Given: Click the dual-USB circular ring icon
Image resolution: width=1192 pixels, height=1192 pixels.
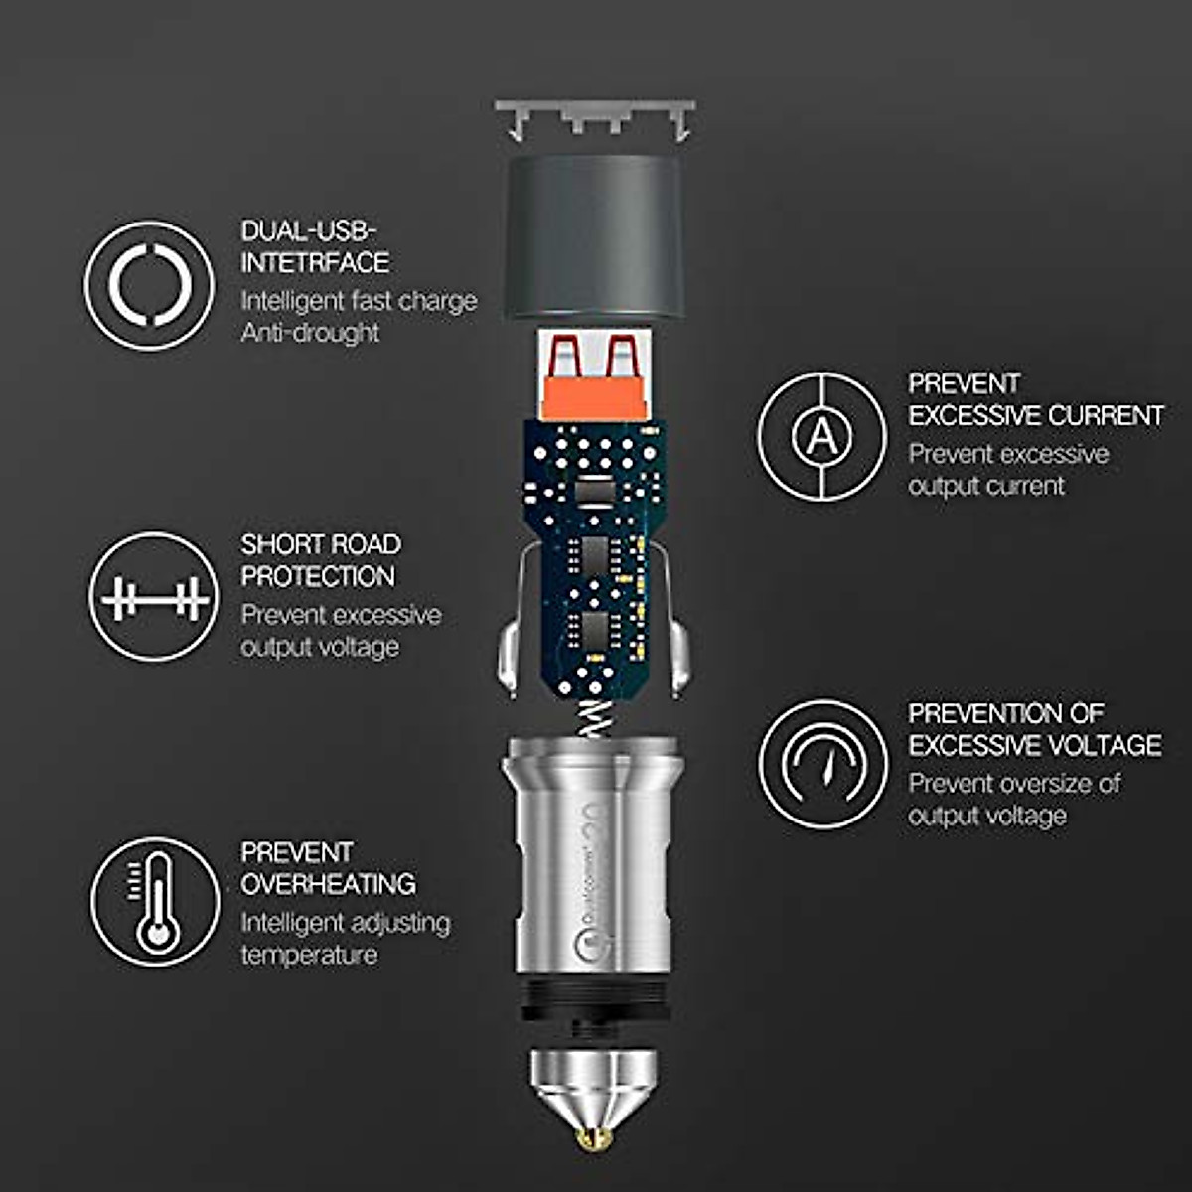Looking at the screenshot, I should coord(149,286).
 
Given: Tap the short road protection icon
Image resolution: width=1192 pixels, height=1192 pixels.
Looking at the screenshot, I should coord(154,597).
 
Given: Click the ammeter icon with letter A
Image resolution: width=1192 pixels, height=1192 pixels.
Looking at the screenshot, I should coord(821,435).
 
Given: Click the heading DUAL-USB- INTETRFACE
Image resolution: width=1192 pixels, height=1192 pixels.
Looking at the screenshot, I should coord(314,247).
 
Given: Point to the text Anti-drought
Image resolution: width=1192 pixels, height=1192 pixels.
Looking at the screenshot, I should coord(310,333).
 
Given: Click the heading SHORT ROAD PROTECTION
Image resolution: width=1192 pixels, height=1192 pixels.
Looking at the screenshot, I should coord(320,560).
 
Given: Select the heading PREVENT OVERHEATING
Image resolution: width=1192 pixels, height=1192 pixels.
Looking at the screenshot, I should coord(328,868).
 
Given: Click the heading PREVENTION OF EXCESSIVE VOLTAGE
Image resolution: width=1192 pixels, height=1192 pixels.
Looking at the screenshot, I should coord(1034,729).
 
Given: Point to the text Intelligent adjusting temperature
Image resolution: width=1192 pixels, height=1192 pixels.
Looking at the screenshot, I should coord(345,939).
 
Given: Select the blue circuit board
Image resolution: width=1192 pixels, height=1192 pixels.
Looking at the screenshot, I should coord(594,556).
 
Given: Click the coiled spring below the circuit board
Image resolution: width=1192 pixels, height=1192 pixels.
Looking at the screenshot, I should coord(593,717).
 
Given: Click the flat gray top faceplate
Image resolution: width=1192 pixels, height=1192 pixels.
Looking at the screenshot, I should coord(594,107).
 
